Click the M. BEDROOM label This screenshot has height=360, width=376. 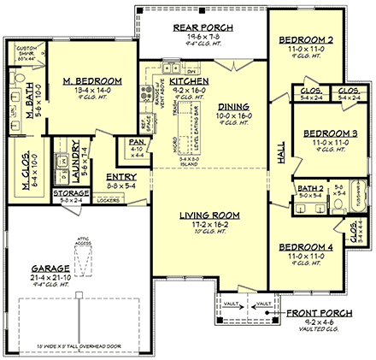(92, 81)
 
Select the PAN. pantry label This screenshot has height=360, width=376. (135, 142)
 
